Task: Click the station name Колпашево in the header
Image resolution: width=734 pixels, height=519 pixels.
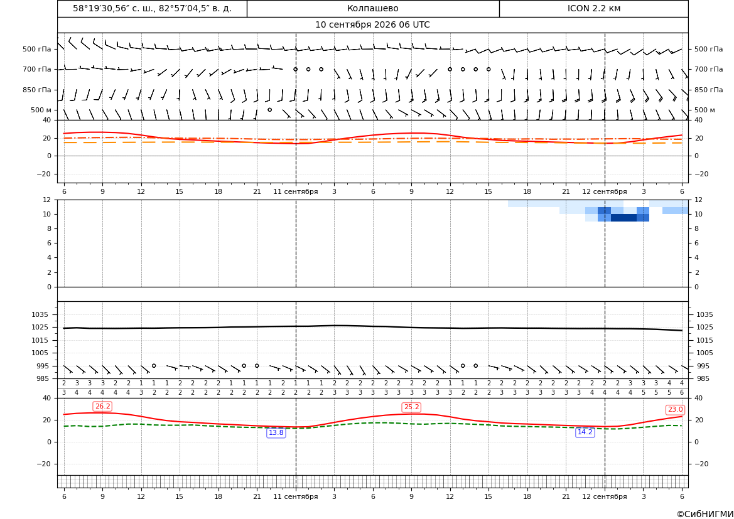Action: pyautogui.click(x=372, y=8)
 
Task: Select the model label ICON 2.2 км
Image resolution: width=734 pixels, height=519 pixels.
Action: pyautogui.click(x=593, y=8)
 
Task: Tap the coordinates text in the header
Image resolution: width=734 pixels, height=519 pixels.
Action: pyautogui.click(x=152, y=8)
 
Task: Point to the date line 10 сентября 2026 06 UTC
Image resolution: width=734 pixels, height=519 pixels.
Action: pyautogui.click(x=372, y=25)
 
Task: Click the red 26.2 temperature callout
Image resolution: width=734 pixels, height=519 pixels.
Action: pyautogui.click(x=103, y=406)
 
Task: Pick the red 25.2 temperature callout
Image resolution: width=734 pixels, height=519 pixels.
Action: pyautogui.click(x=411, y=407)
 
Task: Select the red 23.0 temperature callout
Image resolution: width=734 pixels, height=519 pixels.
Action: pyautogui.click(x=675, y=410)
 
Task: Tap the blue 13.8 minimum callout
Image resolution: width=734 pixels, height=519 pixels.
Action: pyautogui.click(x=276, y=432)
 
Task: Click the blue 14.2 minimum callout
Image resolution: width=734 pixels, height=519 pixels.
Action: pyautogui.click(x=585, y=432)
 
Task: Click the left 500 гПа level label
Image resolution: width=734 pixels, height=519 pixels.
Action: pyautogui.click(x=37, y=49)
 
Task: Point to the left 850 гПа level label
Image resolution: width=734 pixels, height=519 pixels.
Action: pyautogui.click(x=37, y=90)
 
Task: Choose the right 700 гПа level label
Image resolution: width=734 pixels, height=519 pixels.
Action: pyautogui.click(x=709, y=69)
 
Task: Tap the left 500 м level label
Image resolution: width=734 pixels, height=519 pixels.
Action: pyautogui.click(x=41, y=110)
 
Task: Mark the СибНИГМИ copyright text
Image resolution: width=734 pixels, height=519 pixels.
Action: pyautogui.click(x=705, y=514)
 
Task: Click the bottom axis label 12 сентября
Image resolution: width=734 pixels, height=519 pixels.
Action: pyautogui.click(x=604, y=496)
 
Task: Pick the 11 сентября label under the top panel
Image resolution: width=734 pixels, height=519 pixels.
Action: pyautogui.click(x=295, y=191)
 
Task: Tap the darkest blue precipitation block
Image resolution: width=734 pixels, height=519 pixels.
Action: pyautogui.click(x=623, y=218)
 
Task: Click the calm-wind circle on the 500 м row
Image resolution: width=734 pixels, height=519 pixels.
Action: pyautogui.click(x=269, y=110)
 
